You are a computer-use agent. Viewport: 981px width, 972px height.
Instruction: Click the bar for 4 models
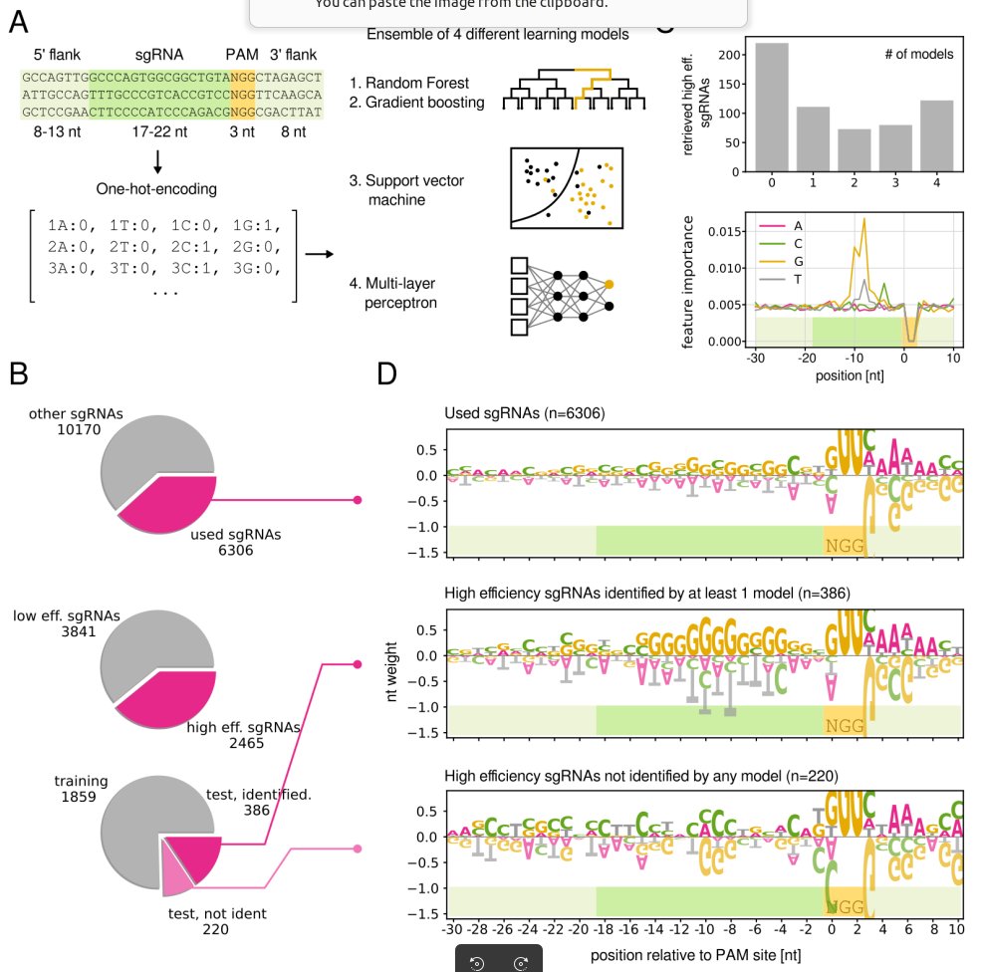937,136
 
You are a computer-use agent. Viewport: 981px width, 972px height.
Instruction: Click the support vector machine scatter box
566,188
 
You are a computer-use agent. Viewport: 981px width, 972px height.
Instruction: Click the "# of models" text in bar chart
917,54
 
